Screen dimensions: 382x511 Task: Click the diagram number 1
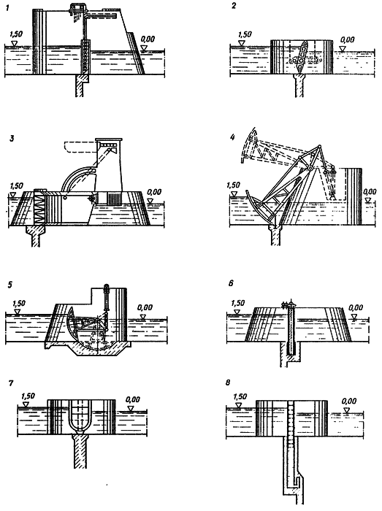(7, 8)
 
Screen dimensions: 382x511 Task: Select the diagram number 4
(232, 137)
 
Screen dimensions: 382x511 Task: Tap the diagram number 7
(11, 383)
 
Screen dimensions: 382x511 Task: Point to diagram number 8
(228, 382)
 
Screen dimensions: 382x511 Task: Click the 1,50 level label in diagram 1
(16, 34)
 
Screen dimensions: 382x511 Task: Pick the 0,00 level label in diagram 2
(347, 39)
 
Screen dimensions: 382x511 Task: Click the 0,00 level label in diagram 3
(154, 192)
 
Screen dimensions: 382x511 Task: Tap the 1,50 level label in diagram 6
(238, 304)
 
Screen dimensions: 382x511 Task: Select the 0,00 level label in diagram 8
(349, 401)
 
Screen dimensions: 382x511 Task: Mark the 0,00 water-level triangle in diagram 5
(142, 317)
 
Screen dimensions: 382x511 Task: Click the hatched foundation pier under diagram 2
(299, 85)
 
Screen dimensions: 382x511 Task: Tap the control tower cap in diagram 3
(109, 140)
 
